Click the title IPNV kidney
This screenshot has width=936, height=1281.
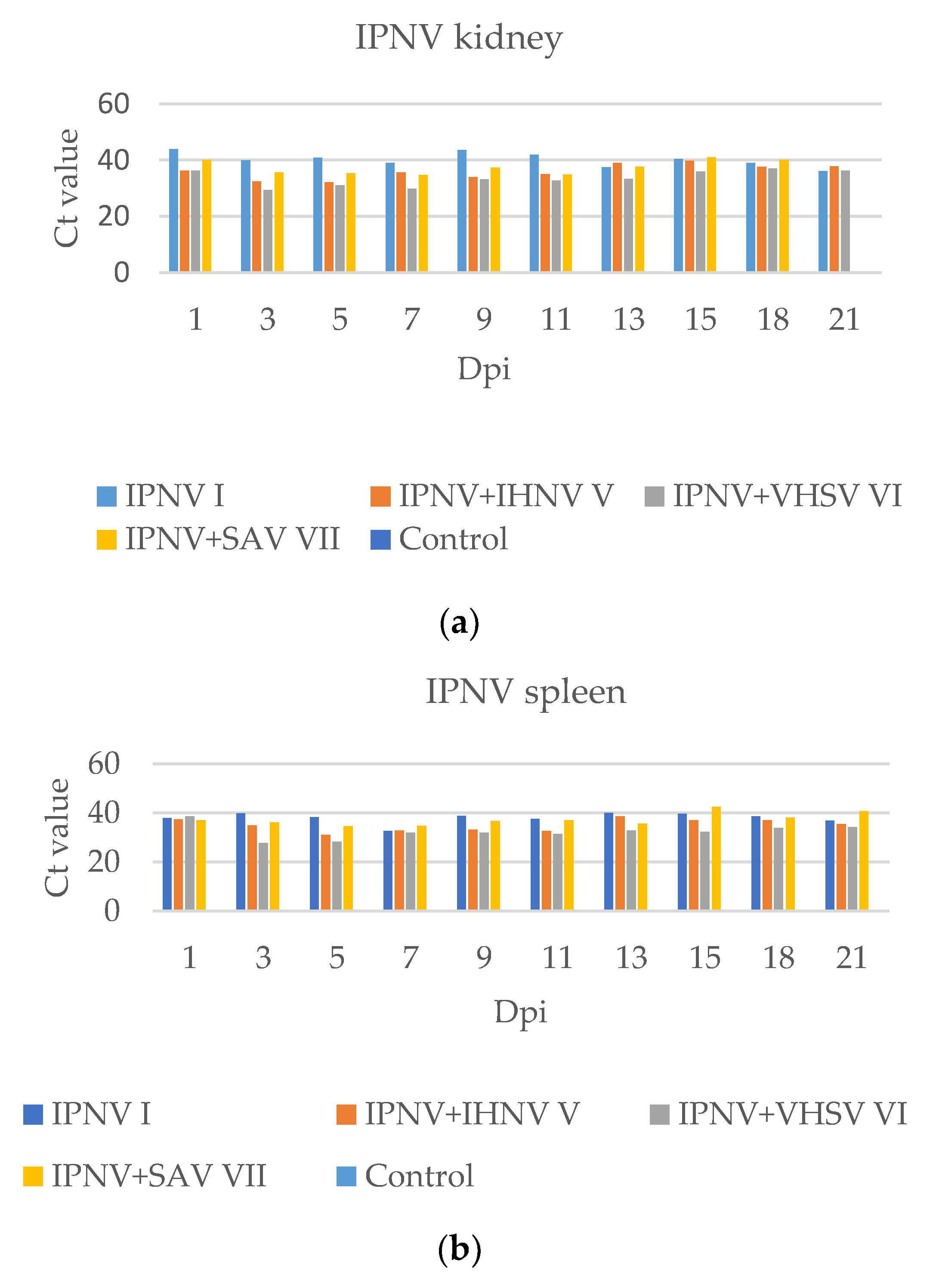tap(458, 37)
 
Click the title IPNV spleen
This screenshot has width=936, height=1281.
tap(526, 692)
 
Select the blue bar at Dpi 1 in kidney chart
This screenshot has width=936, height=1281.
tap(173, 211)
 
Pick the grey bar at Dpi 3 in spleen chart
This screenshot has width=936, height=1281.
tap(263, 876)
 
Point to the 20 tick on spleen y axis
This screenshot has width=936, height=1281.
tap(104, 862)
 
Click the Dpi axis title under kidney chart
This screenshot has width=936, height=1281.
tap(484, 369)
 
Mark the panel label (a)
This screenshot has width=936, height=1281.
tap(459, 623)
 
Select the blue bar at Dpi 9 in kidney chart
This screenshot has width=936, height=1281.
tap(462, 211)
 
